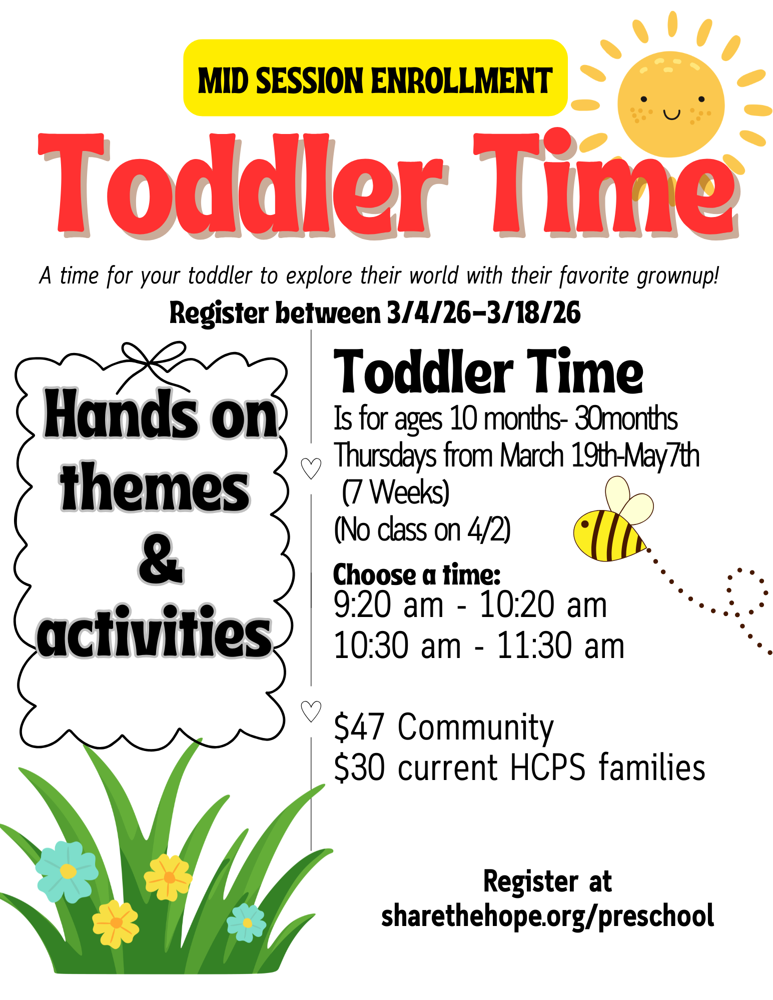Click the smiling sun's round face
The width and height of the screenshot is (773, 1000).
click(670, 104)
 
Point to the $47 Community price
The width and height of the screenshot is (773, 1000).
click(444, 727)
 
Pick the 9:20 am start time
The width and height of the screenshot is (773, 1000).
click(388, 604)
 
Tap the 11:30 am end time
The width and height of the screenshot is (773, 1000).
click(560, 645)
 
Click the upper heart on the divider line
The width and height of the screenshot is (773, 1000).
click(311, 468)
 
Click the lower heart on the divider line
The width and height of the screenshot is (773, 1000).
click(311, 711)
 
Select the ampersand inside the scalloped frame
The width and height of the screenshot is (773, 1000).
click(160, 558)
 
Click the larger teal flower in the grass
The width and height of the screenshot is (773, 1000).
click(67, 872)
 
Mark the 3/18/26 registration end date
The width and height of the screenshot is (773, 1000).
click(534, 313)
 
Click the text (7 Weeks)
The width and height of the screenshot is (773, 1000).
click(396, 492)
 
